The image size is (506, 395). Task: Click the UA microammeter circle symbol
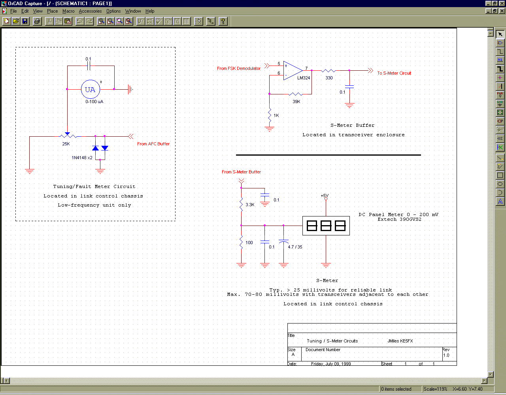click(91, 89)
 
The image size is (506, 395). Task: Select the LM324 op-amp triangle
click(293, 70)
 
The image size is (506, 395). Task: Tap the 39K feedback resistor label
click(296, 102)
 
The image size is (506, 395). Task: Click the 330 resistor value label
click(329, 78)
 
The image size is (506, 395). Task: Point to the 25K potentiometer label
click(66, 144)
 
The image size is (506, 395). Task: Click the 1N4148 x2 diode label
click(82, 158)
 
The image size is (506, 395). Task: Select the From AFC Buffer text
click(153, 144)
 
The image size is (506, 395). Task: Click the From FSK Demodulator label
click(239, 68)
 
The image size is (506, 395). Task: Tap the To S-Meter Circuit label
click(394, 73)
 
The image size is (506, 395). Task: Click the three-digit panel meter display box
click(326, 226)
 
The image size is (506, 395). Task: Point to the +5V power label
click(325, 196)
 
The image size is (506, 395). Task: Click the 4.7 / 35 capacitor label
click(295, 247)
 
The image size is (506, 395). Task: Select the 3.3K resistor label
click(250, 205)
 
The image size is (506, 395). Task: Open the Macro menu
click(68, 11)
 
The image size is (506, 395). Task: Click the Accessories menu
click(91, 11)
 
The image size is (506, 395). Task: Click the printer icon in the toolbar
click(37, 21)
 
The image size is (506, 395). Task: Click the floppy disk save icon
click(25, 21)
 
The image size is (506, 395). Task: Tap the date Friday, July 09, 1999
click(331, 364)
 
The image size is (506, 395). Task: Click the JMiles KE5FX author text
click(400, 341)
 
